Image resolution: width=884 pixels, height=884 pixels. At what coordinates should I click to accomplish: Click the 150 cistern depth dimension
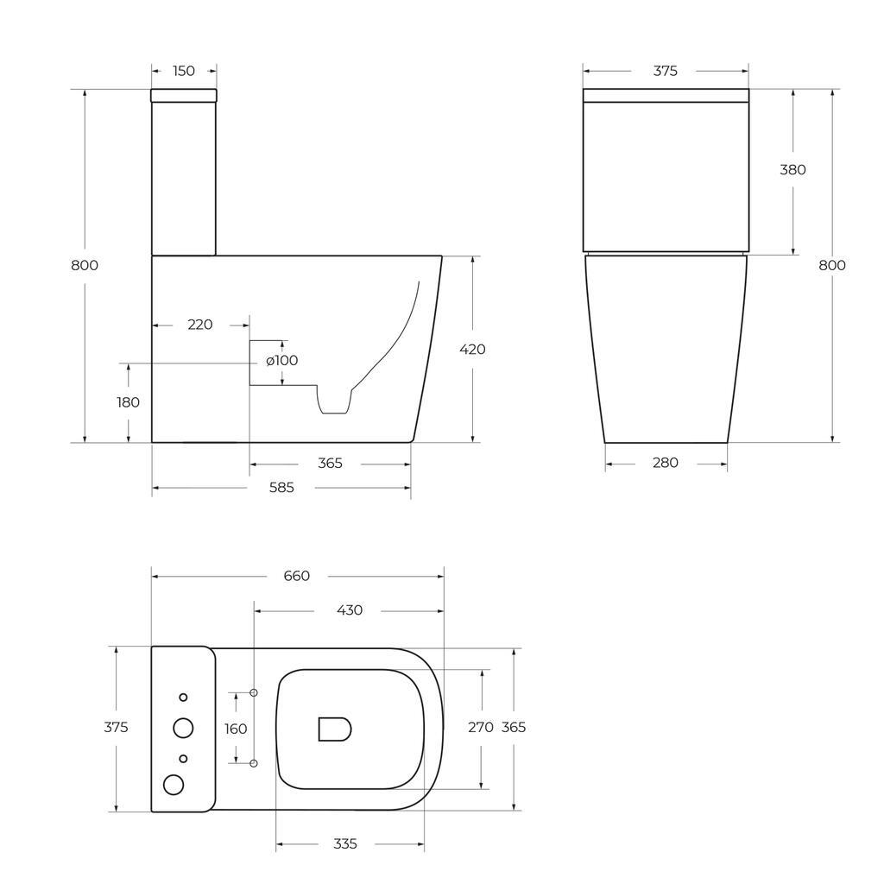tap(184, 71)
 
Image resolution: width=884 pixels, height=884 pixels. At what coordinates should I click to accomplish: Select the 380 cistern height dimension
tap(792, 170)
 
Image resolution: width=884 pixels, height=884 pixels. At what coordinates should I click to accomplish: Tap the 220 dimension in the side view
tap(200, 325)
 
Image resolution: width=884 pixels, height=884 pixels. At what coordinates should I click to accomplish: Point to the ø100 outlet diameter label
tap(282, 360)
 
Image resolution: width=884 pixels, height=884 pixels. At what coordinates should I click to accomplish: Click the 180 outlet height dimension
tap(128, 402)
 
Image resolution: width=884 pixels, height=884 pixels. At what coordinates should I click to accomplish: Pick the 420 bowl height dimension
tap(472, 350)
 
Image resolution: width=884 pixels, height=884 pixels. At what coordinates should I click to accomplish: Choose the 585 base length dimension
tap(281, 488)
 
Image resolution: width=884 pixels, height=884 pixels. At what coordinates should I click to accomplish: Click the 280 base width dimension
tap(666, 463)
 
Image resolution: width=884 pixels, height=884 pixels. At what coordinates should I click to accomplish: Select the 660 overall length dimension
tap(297, 576)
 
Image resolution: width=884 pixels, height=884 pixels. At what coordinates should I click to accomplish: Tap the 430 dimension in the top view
tap(350, 610)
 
